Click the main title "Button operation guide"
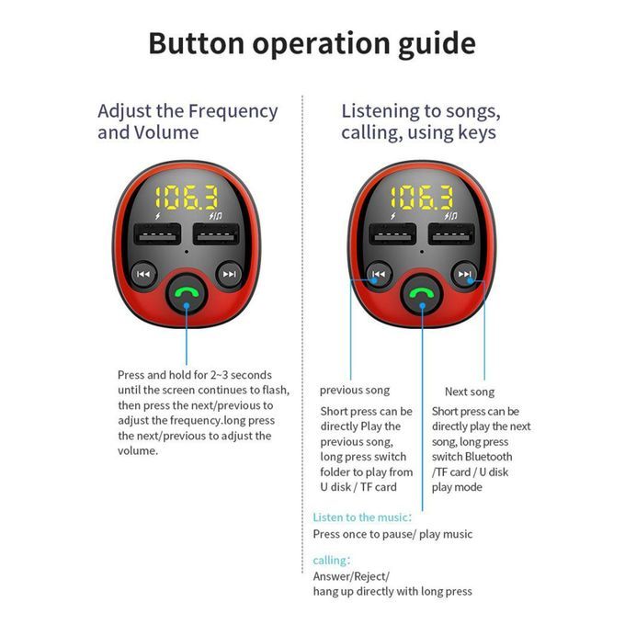(312, 43)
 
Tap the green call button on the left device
(187, 294)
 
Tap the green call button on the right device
(422, 294)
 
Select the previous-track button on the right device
(379, 274)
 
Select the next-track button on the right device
(464, 274)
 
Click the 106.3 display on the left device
(187, 198)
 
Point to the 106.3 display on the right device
(422, 198)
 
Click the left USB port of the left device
(157, 233)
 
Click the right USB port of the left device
(216, 233)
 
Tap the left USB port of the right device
(392, 233)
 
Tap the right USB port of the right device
(451, 233)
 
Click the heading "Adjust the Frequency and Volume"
(187, 121)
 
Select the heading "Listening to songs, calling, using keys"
(421, 121)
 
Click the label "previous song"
(355, 391)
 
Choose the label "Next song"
(470, 392)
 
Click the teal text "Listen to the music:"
(362, 517)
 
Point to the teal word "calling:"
(331, 561)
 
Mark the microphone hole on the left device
(187, 252)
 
